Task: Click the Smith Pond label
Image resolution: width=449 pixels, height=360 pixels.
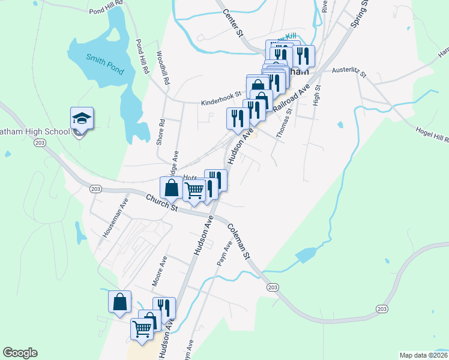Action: (x=104, y=65)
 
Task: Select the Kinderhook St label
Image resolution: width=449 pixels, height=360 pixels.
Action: (x=220, y=94)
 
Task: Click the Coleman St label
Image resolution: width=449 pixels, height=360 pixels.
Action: (x=238, y=241)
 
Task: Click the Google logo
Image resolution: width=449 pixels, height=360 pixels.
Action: (x=20, y=353)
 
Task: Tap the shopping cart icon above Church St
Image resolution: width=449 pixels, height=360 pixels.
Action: (x=194, y=191)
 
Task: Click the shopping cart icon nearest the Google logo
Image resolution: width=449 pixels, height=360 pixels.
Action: (x=142, y=328)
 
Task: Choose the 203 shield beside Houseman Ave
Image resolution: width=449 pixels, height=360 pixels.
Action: (x=95, y=189)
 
